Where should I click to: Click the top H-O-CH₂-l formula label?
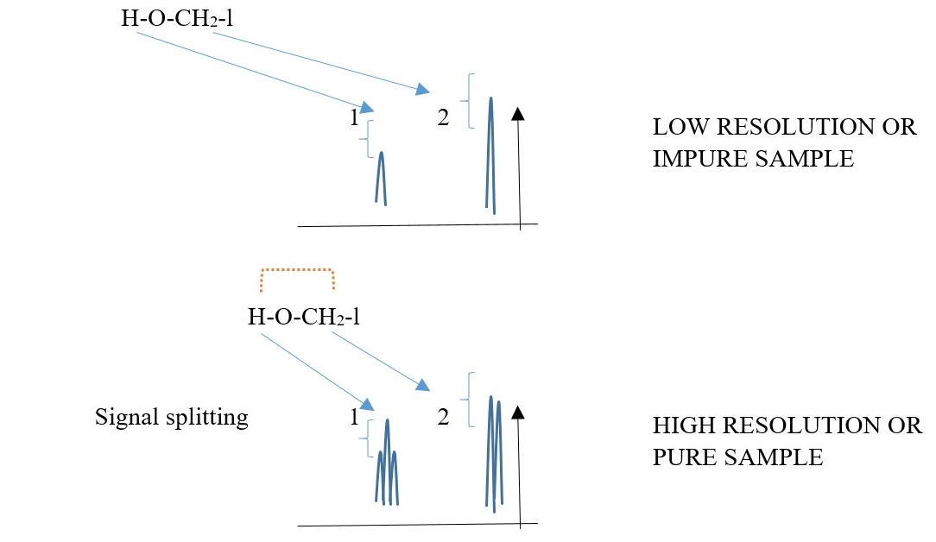(x=176, y=17)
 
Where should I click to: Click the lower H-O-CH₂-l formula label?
(x=303, y=317)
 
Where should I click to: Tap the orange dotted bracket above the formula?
(x=297, y=270)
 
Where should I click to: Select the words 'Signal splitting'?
(x=171, y=418)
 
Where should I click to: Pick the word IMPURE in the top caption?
(x=699, y=158)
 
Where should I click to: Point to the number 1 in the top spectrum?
(x=354, y=119)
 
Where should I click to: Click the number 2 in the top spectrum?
(x=443, y=119)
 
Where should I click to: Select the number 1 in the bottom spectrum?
(x=354, y=418)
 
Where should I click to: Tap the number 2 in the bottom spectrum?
(x=443, y=418)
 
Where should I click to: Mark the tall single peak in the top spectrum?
(x=490, y=151)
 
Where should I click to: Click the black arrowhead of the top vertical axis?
(x=518, y=113)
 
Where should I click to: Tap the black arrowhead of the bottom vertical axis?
(x=518, y=411)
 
